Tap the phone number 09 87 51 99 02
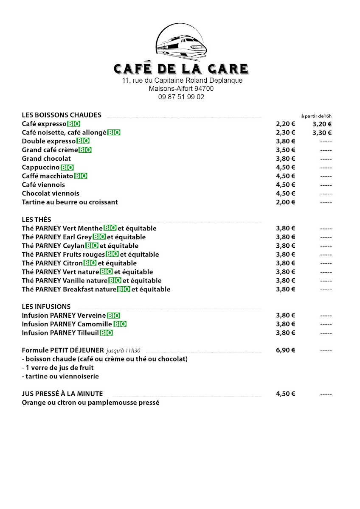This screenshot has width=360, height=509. coord(181,97)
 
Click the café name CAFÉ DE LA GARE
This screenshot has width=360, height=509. coord(181,69)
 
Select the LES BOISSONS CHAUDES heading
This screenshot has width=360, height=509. coord(62,115)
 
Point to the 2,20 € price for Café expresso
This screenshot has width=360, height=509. coord(285,124)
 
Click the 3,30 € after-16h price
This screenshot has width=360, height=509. coord(322,133)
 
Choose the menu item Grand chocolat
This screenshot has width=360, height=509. coord(46,159)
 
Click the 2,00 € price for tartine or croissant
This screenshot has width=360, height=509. coord(285,202)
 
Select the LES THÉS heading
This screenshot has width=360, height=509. coord(37,220)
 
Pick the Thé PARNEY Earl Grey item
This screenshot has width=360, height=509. coord(56,237)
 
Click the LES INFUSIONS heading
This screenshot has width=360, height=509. coord(46,307)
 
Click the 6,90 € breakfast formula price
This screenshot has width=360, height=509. coord(285,350)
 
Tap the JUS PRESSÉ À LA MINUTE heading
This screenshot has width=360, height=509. coord(62,394)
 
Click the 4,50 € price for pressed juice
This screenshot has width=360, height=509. coord(285,394)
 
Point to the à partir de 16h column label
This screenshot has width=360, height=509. coord(316,116)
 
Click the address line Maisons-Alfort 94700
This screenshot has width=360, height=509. coord(181,89)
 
